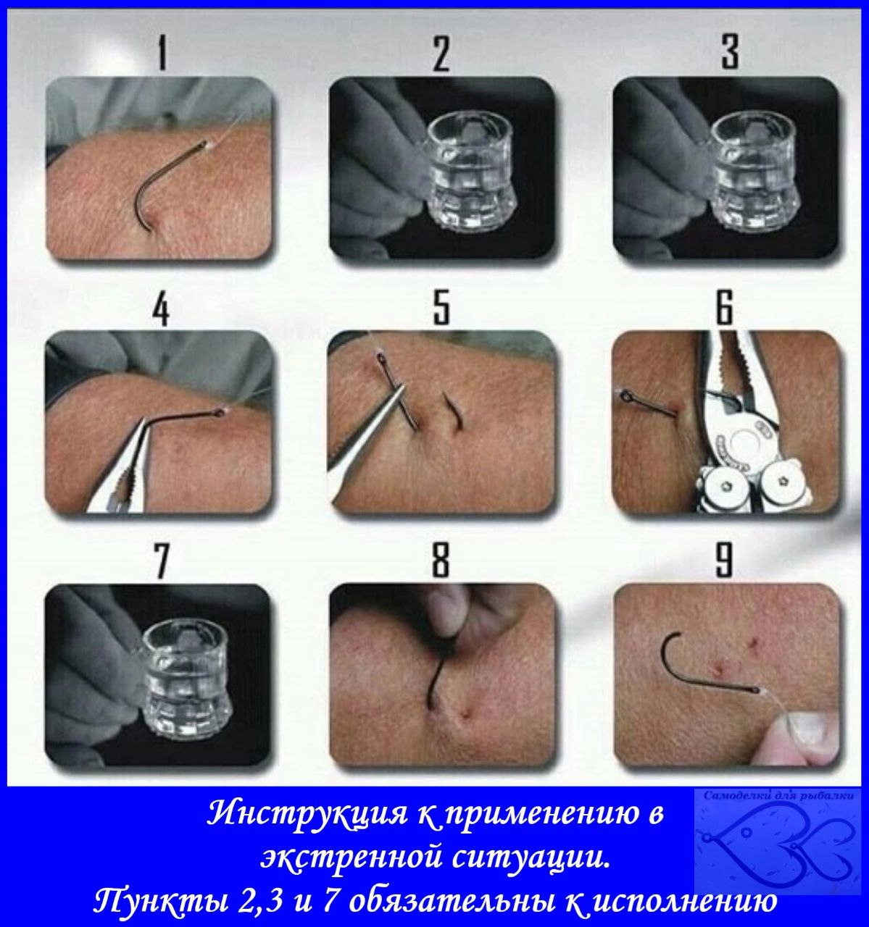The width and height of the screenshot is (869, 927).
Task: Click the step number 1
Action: tap(162, 54)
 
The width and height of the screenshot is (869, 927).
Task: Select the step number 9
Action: tap(725, 560)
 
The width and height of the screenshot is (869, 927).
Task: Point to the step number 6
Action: tap(725, 306)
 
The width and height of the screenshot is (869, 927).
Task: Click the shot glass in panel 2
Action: tap(471, 172)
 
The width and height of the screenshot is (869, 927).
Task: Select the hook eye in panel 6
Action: tap(625, 397)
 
